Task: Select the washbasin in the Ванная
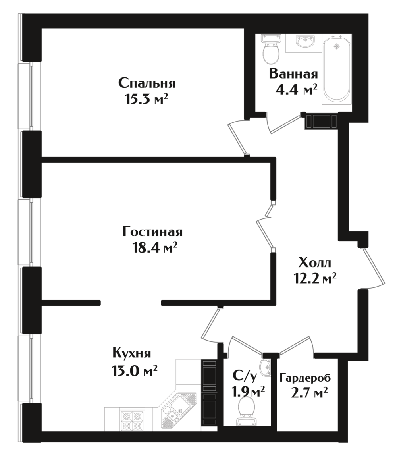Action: [x=305, y=41]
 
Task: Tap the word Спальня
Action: [x=147, y=84]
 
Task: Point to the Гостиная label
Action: [x=152, y=232]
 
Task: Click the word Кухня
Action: [x=132, y=353]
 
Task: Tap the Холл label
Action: [x=314, y=263]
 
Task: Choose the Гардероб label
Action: [x=305, y=378]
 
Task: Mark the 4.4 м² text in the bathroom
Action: [x=296, y=90]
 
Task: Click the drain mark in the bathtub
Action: [x=337, y=46]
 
